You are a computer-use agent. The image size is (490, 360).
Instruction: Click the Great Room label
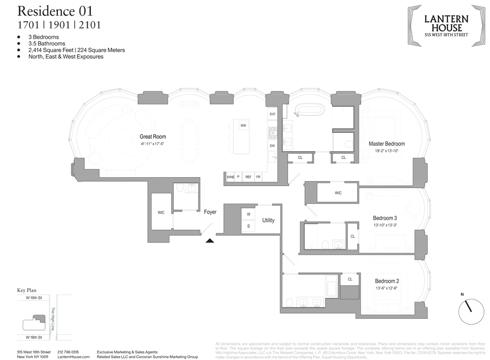153,137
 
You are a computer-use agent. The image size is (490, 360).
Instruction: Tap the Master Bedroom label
387,144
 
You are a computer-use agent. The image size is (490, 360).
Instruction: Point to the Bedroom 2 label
387,281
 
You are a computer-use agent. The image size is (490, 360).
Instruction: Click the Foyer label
210,212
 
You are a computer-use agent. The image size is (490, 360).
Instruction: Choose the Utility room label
268,220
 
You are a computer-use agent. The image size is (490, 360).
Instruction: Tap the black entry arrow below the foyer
210,240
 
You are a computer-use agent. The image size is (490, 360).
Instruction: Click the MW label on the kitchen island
243,126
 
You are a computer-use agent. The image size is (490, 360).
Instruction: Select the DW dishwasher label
272,145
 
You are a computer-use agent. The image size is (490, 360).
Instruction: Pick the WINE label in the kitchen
230,177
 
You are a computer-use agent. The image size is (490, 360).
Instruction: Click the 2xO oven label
272,114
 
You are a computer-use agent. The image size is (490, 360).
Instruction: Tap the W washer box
248,215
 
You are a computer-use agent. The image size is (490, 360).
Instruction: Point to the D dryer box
248,226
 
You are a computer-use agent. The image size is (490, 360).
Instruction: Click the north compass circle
468,308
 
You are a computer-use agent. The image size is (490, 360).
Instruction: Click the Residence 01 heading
54,10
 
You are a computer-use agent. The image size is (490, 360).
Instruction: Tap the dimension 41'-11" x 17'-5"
153,144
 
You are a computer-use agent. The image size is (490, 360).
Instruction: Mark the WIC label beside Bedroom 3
338,193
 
